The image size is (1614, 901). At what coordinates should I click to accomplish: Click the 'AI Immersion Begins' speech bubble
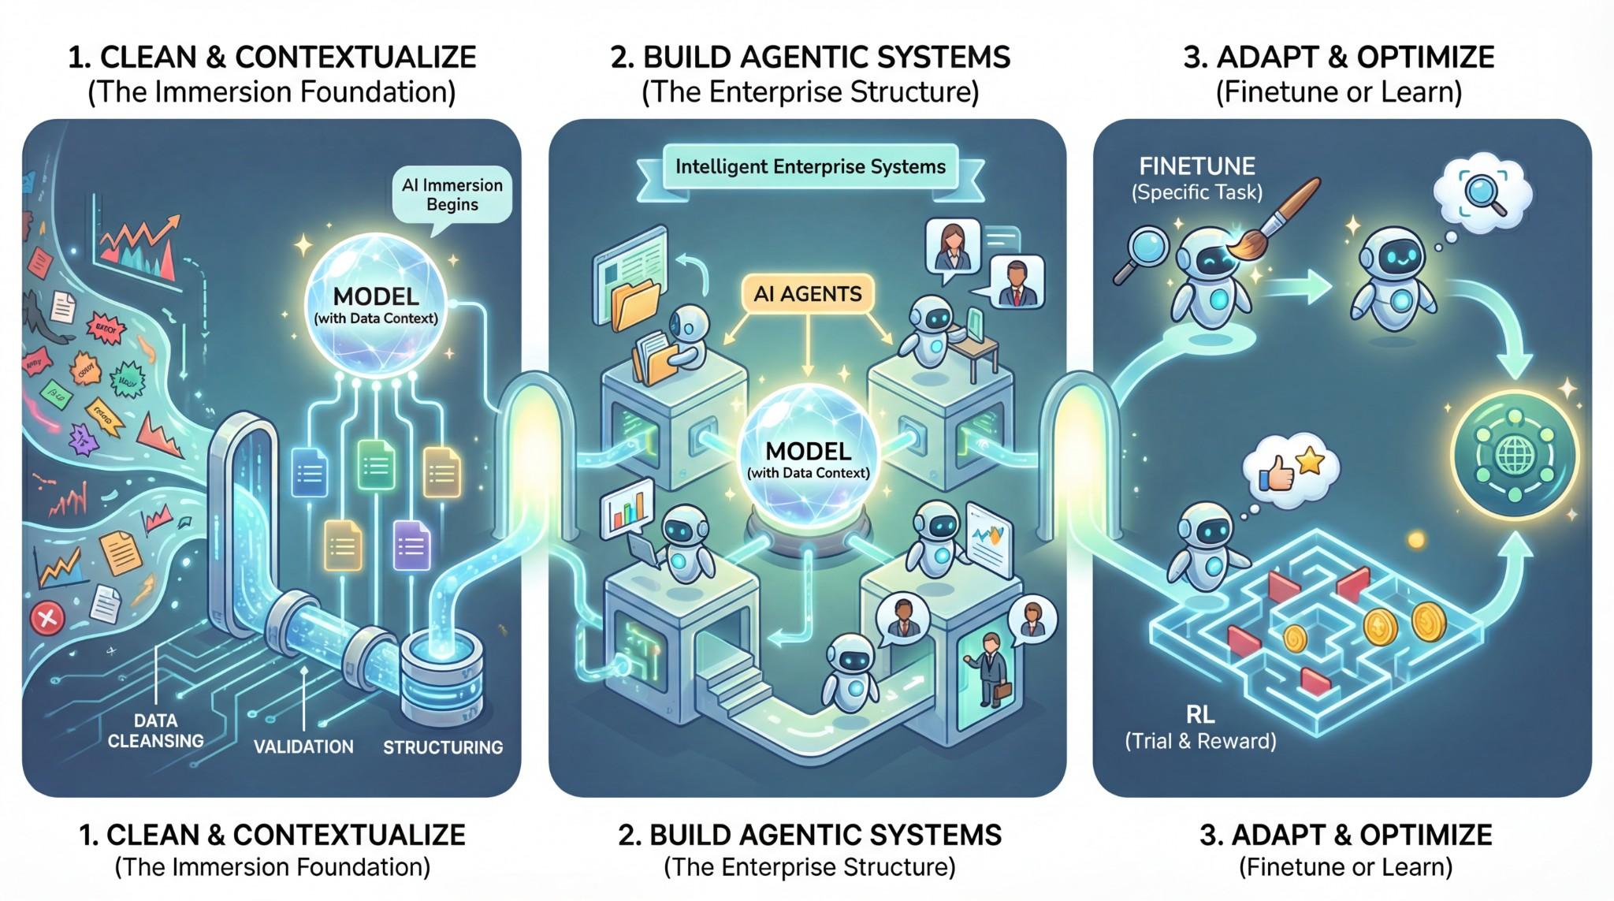coord(452,195)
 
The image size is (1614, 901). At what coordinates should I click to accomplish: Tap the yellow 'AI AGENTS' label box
coord(808,294)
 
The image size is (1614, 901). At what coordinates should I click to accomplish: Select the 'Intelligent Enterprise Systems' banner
coord(810,167)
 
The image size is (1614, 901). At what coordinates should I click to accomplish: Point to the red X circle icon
coord(46,620)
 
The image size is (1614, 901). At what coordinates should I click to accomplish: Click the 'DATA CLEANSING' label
coord(155,731)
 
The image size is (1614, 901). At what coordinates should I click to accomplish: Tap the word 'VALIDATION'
coord(303,746)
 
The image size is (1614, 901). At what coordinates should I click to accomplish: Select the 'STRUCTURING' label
coord(442,746)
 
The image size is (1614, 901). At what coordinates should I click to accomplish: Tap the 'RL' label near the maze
coord(1199,715)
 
